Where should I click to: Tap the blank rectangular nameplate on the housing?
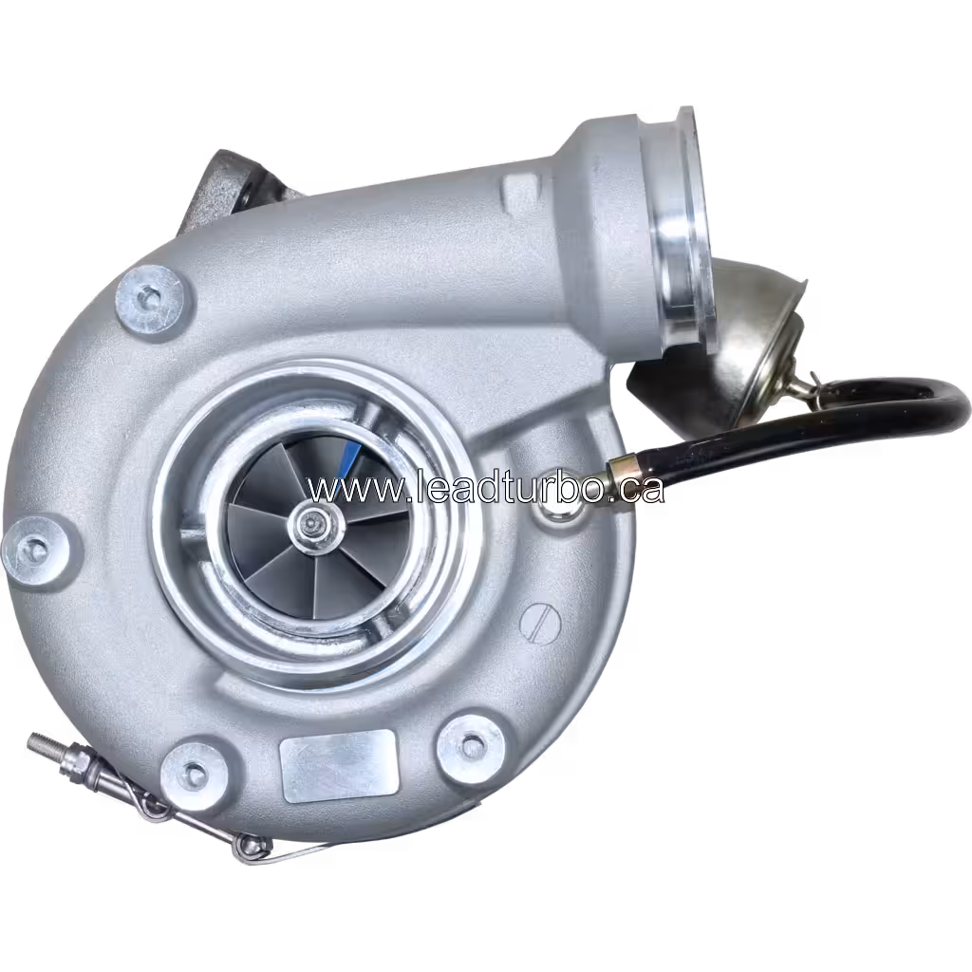[x=339, y=766]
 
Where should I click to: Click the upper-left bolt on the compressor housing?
[x=149, y=301]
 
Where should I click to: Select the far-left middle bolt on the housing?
[x=35, y=550]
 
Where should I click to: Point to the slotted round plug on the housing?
[x=540, y=624]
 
